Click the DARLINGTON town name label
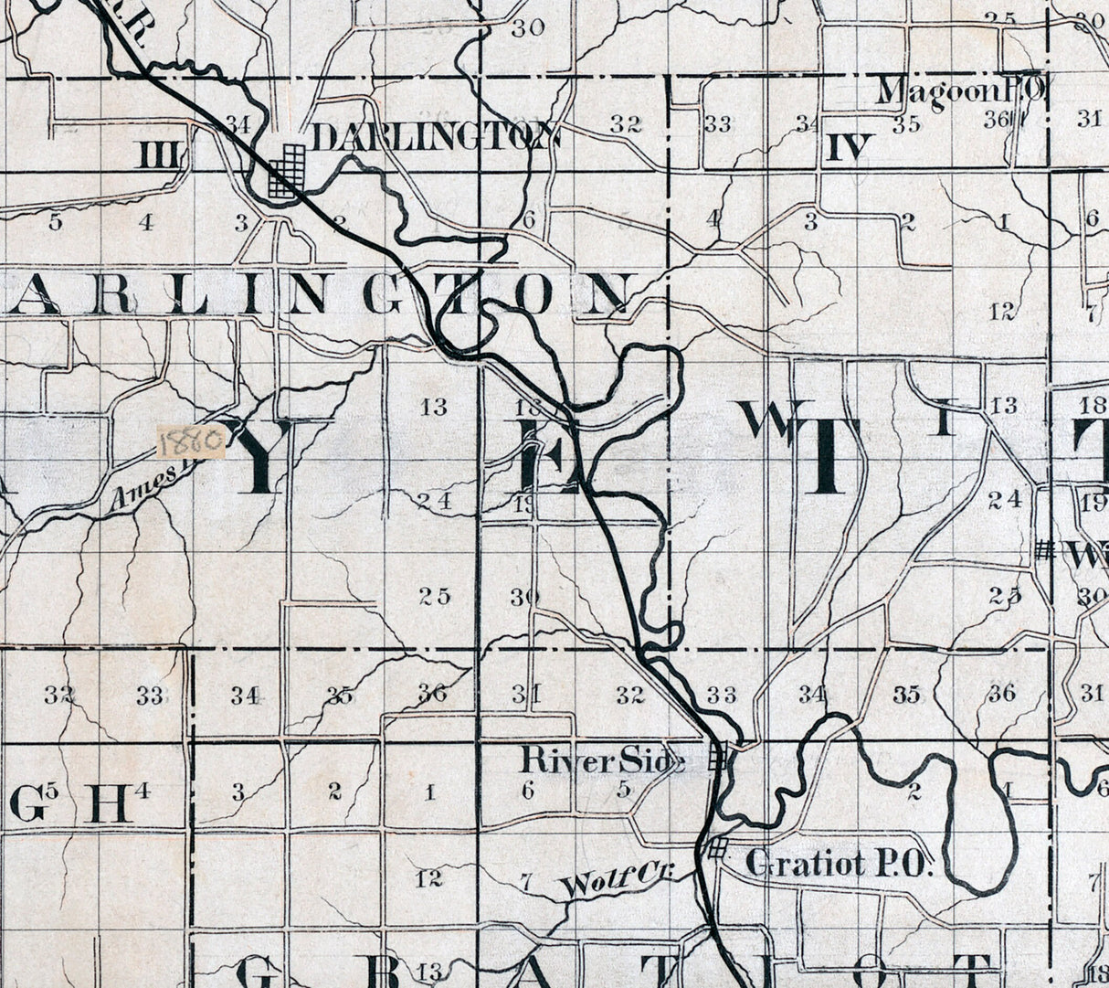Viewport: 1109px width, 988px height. pyautogui.click(x=435, y=137)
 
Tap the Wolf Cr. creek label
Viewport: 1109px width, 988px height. pyautogui.click(x=618, y=883)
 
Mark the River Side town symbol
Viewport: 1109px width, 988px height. pyautogui.click(x=719, y=757)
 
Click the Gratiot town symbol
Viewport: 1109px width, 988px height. pyautogui.click(x=718, y=847)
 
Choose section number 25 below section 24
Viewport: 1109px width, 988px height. pyautogui.click(x=435, y=597)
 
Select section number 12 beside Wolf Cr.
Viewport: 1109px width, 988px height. pyautogui.click(x=428, y=878)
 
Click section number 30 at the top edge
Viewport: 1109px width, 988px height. pyautogui.click(x=527, y=28)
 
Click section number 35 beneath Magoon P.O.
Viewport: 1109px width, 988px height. pyautogui.click(x=906, y=125)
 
